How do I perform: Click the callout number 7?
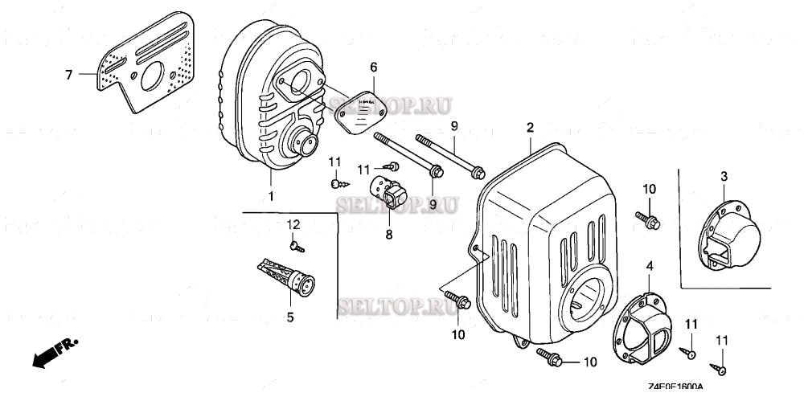pos(69,75)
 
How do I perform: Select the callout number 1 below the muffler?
pos(271,196)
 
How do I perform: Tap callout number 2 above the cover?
pos(530,128)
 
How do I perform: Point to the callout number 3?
pos(723,176)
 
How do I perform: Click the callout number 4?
pos(650,266)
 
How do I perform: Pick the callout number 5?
pos(290,317)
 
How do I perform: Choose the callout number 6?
pos(373,68)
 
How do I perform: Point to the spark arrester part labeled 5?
pos(285,275)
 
